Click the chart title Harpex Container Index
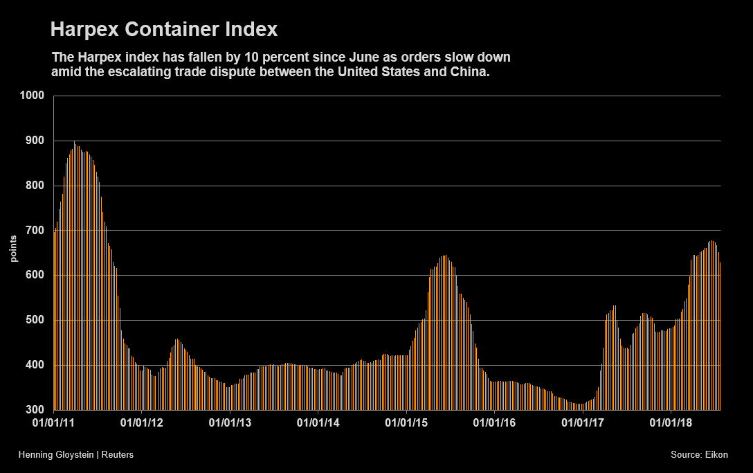(x=164, y=30)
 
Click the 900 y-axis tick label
(x=35, y=141)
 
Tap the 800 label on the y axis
(x=35, y=186)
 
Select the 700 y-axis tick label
(x=35, y=231)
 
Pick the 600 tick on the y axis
(x=35, y=275)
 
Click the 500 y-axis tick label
(x=35, y=320)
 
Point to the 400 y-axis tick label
(x=35, y=365)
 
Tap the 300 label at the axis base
(x=35, y=410)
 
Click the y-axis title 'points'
(x=13, y=249)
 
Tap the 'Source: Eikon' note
(x=699, y=454)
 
